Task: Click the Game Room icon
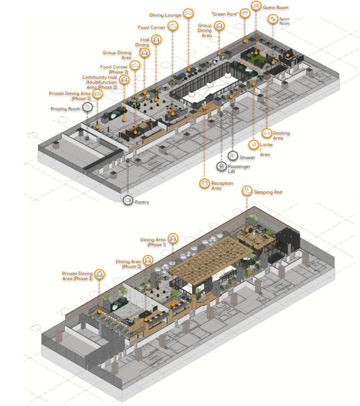pyautogui.click(x=256, y=6)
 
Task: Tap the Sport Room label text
pyautogui.click(x=284, y=21)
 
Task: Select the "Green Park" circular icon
pyautogui.click(x=245, y=13)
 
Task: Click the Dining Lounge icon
pyautogui.click(x=189, y=13)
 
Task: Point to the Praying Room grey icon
pyautogui.click(x=88, y=107)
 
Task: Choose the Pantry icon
pyautogui.click(x=128, y=200)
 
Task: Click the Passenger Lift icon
pyautogui.click(x=222, y=166)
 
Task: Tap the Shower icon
pyautogui.click(x=233, y=156)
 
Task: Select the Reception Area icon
pyautogui.click(x=204, y=183)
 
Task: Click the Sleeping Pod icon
pyautogui.click(x=247, y=191)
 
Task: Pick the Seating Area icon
pyautogui.click(x=267, y=133)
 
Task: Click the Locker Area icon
pyautogui.click(x=254, y=145)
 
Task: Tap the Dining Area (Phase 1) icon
pyautogui.click(x=173, y=238)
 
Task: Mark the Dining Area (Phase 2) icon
pyautogui.click(x=148, y=260)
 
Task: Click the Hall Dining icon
pyautogui.click(x=156, y=40)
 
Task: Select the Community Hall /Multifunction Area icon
pyautogui.click(x=124, y=80)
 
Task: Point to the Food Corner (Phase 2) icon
pyautogui.click(x=135, y=65)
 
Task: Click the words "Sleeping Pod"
pyautogui.click(x=268, y=192)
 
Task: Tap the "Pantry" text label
pyautogui.click(x=142, y=202)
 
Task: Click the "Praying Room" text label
pyautogui.click(x=65, y=109)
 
